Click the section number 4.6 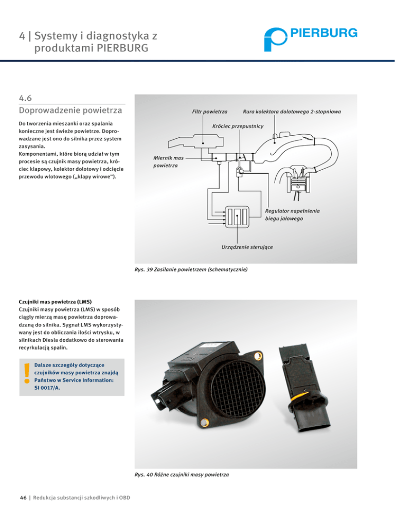point(26,97)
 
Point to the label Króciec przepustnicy point(238,126)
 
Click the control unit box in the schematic point(237,216)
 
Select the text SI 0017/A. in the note point(47,389)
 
